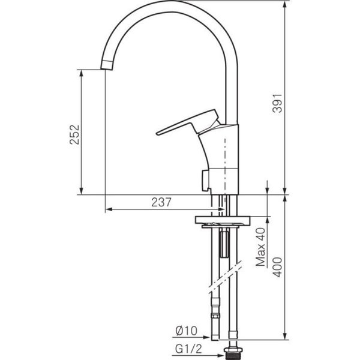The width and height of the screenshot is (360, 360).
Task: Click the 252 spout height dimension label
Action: (x=74, y=134)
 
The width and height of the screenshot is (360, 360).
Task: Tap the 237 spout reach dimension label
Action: (x=161, y=202)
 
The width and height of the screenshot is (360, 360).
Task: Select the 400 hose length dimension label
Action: (x=277, y=267)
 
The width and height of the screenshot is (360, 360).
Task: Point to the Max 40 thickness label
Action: (x=260, y=247)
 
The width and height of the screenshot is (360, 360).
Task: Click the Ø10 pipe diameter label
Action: (x=186, y=331)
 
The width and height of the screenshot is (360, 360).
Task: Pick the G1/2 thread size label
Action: (x=188, y=349)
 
